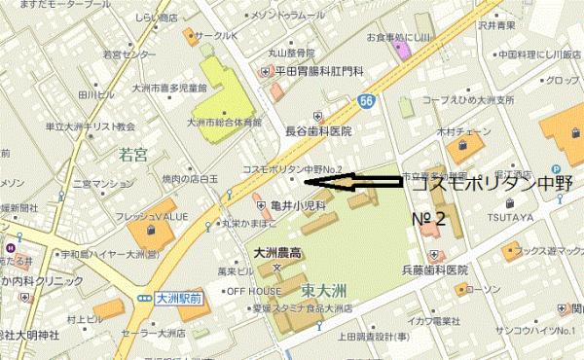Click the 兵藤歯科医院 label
point(430,269)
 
